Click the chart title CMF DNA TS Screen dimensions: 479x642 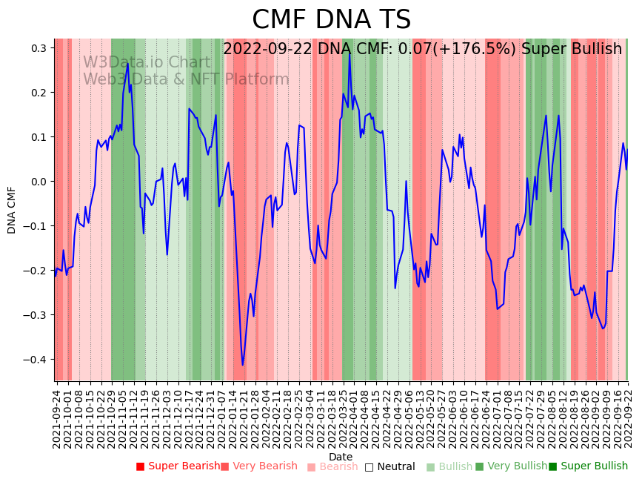(x=331, y=20)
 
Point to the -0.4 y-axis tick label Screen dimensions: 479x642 (x=37, y=360)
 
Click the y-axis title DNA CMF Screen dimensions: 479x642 (x=12, y=210)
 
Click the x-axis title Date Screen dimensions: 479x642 (x=341, y=457)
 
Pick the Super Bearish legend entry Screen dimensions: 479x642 (x=178, y=466)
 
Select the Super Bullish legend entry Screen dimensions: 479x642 (x=588, y=466)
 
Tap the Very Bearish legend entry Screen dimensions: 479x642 (x=258, y=466)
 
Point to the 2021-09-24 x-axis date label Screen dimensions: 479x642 (x=57, y=415)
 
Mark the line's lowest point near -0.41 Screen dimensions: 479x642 (x=242, y=365)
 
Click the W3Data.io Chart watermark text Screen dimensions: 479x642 (x=146, y=62)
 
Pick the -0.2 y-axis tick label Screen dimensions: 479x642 (x=37, y=271)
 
